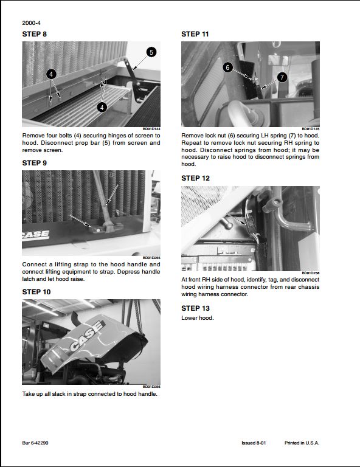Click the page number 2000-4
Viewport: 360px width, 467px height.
click(32, 22)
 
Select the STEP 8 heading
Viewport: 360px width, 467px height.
click(34, 34)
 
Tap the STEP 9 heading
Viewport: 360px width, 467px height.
click(34, 163)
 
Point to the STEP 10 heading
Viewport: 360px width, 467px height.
click(36, 292)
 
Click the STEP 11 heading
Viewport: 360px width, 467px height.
click(195, 34)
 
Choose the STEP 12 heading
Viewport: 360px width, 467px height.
click(195, 178)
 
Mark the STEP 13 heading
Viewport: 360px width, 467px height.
click(195, 308)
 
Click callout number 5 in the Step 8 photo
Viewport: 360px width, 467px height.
click(151, 52)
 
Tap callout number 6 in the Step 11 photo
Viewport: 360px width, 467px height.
click(227, 67)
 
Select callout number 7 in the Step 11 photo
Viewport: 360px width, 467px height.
click(282, 77)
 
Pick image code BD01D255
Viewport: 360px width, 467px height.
click(151, 258)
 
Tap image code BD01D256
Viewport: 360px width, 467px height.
click(151, 387)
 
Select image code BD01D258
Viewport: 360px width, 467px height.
click(311, 273)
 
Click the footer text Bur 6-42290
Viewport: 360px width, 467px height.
click(36, 443)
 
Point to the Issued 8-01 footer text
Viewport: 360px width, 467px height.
click(254, 443)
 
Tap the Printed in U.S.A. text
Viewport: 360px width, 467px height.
click(302, 443)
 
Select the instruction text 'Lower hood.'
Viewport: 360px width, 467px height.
click(198, 318)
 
